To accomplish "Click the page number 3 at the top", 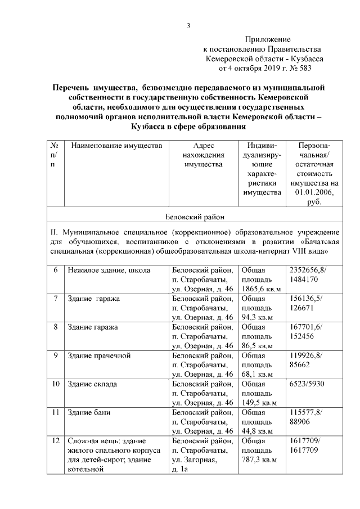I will (x=190, y=25).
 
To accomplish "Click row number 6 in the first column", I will (x=56, y=270).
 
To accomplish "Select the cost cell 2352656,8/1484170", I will (x=310, y=274).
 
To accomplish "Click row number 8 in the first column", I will (x=56, y=327).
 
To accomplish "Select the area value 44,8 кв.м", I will (x=257, y=431).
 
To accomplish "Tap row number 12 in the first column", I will (x=56, y=441).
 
